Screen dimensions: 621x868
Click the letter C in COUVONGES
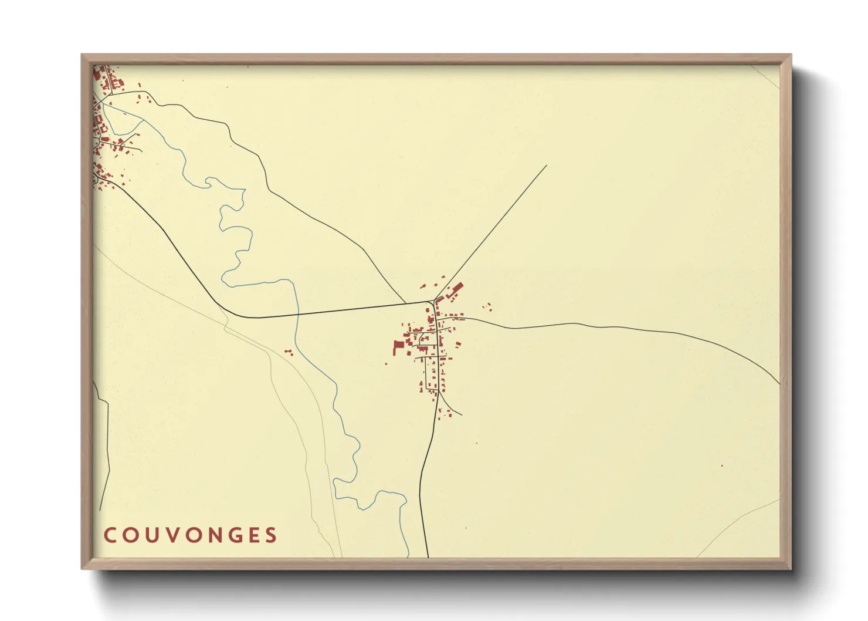(x=109, y=535)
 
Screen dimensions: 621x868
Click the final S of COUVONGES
(x=270, y=535)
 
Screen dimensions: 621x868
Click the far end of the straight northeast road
(x=546, y=166)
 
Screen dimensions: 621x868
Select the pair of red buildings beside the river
(x=288, y=352)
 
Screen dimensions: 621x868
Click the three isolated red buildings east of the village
(x=487, y=306)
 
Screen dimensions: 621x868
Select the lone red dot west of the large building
(x=386, y=363)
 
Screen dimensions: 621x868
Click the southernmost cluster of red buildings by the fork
(x=447, y=413)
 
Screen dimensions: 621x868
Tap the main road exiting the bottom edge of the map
(x=428, y=555)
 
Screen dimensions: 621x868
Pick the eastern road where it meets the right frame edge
(x=779, y=384)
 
